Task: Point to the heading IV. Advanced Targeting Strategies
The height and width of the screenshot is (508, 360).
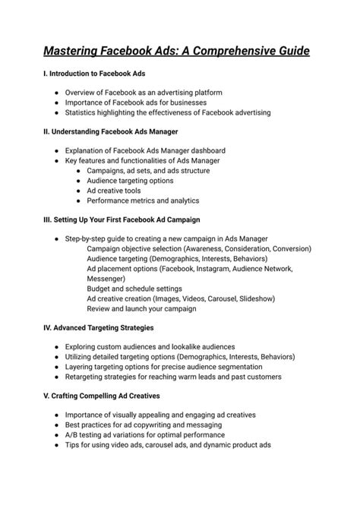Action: tap(99, 327)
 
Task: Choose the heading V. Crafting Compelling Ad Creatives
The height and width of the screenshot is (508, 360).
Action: tap(100, 396)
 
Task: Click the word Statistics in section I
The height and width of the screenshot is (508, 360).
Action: tap(81, 112)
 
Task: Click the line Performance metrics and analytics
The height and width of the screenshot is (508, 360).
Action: tap(143, 200)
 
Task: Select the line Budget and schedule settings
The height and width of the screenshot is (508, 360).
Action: tap(134, 289)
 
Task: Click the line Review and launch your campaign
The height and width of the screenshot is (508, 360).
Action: tap(141, 309)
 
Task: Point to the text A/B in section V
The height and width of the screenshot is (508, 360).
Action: tap(72, 435)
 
